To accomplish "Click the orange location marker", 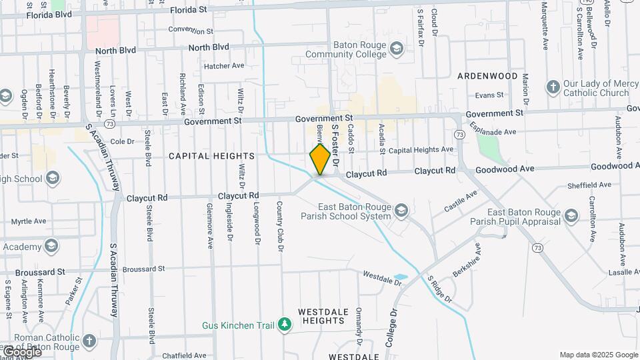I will pyautogui.click(x=321, y=159).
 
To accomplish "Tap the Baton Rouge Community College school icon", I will pyautogui.click(x=397, y=48).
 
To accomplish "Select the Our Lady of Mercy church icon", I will pyautogui.click(x=552, y=87).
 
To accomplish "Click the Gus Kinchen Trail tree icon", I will pyautogui.click(x=285, y=325).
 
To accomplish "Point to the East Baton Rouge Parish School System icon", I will pyautogui.click(x=401, y=211).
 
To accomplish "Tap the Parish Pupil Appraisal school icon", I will pyautogui.click(x=571, y=215).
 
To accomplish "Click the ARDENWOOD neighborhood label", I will pyautogui.click(x=487, y=76).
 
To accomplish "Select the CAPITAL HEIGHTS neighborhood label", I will pyautogui.click(x=211, y=156).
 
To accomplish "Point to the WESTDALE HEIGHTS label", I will pyautogui.click(x=321, y=316).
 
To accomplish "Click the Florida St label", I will pyautogui.click(x=189, y=10).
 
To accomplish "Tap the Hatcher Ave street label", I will pyautogui.click(x=225, y=66).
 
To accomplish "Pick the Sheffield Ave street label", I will pyautogui.click(x=589, y=185).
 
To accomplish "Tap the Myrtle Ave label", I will pyautogui.click(x=29, y=221).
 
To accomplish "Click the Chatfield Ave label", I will pyautogui.click(x=184, y=356).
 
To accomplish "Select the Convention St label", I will pyautogui.click(x=191, y=31).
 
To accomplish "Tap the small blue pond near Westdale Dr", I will pyautogui.click(x=400, y=277).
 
